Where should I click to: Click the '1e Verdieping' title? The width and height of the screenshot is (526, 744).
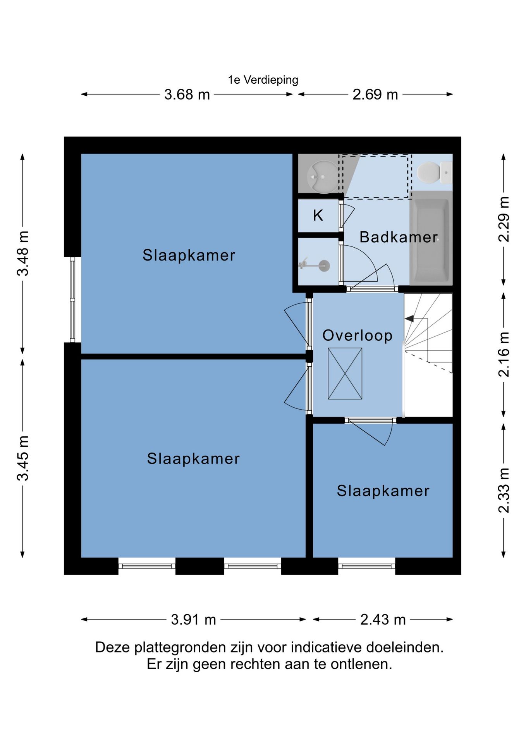click(263, 80)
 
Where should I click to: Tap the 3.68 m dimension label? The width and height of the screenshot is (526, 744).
click(187, 95)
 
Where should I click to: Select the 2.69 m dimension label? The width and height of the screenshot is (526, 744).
click(375, 95)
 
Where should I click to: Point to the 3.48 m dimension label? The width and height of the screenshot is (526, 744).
click(23, 253)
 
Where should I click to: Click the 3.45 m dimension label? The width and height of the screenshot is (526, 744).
click(23, 458)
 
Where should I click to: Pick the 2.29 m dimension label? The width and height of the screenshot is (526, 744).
click(504, 219)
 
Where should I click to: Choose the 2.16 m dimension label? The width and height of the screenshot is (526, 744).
click(504, 354)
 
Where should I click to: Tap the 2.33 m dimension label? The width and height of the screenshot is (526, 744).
click(504, 490)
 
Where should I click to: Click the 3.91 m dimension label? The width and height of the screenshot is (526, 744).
click(194, 619)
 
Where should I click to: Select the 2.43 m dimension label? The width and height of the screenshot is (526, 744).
click(383, 619)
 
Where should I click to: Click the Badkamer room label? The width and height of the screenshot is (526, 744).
click(399, 237)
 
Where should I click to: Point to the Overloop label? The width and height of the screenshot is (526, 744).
click(358, 336)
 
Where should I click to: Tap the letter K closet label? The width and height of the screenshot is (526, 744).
click(318, 215)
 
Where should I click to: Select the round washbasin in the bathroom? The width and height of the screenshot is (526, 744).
click(322, 177)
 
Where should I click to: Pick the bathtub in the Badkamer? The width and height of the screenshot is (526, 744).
click(431, 238)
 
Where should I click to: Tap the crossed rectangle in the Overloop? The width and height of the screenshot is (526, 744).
click(345, 374)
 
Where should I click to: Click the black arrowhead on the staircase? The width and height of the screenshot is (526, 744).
click(409, 319)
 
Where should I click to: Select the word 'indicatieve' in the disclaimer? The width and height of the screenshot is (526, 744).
click(326, 647)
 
